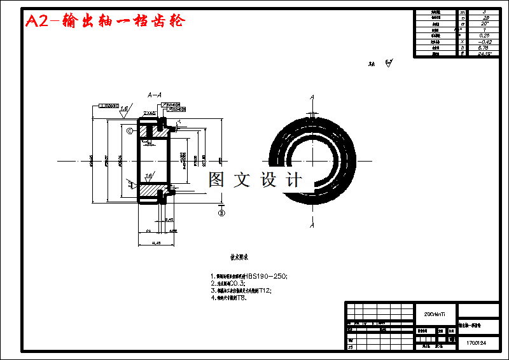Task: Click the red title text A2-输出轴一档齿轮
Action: [105, 21]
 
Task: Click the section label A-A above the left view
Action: [155, 95]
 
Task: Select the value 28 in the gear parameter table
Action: [485, 18]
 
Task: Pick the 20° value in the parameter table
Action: [485, 24]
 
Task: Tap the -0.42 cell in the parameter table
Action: [485, 41]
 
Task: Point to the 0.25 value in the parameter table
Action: [485, 36]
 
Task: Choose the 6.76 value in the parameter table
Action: [485, 48]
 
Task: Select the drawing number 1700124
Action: [476, 343]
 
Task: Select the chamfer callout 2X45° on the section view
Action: [150, 113]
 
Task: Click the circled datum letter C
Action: [129, 131]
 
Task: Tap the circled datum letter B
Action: [221, 213]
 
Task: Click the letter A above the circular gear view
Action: [312, 97]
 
